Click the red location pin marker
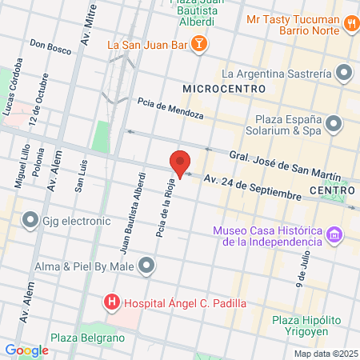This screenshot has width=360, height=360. point(181,164)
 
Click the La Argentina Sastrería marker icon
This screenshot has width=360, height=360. point(344,74)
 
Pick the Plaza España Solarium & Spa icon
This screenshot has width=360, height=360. point(334,123)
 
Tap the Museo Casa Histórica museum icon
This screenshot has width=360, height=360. point(334,236)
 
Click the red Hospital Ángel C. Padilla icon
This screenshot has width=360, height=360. point(111,303)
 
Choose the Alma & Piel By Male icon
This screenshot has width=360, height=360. point(146,265)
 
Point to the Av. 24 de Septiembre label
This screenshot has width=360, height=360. point(252,187)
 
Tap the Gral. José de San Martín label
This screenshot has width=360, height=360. point(285,165)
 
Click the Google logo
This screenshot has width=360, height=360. point(26,350)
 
